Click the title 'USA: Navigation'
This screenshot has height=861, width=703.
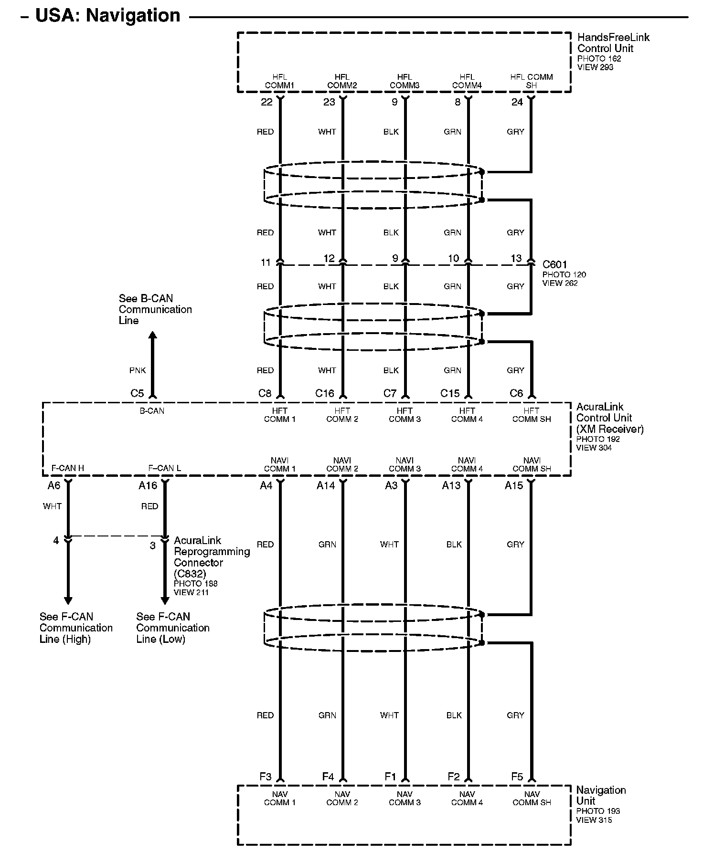pos(108,16)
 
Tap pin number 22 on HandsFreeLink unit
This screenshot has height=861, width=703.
pos(266,102)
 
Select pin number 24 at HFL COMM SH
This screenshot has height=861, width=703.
pos(517,102)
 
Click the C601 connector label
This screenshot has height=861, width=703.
pos(555,264)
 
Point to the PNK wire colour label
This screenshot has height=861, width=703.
pos(138,370)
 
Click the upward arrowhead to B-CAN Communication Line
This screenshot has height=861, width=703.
pos(152,336)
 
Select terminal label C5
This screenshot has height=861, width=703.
pos(137,393)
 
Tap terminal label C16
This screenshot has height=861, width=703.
pos(325,393)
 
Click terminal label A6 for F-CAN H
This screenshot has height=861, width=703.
pos(54,485)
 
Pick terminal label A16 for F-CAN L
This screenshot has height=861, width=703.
pos(148,485)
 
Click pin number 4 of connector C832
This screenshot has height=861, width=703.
pos(56,540)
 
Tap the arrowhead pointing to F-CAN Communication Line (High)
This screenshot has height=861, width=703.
pos(68,600)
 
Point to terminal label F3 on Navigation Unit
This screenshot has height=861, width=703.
pos(266,777)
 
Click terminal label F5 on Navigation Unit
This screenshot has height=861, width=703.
pos(517,777)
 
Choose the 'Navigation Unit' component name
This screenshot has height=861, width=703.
pos(600,796)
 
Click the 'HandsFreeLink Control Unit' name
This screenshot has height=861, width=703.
pos(613,42)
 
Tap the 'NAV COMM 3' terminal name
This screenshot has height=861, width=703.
pos(405,798)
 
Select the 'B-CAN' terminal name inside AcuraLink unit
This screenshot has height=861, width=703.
pos(152,411)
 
